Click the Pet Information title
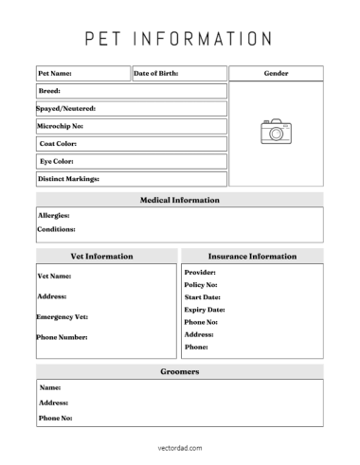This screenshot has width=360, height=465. pyautogui.click(x=179, y=39)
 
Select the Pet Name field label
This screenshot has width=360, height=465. pyautogui.click(x=55, y=73)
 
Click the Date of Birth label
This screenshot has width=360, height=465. pyautogui.click(x=155, y=73)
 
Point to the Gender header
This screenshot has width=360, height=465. pyautogui.click(x=276, y=73)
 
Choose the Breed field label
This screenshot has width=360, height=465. pyautogui.click(x=49, y=91)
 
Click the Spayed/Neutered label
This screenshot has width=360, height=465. pyautogui.click(x=66, y=109)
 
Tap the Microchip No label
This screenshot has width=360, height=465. pyautogui.click(x=61, y=126)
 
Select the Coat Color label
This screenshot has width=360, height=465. pyautogui.click(x=58, y=144)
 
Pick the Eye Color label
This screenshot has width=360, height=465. pyautogui.click(x=56, y=161)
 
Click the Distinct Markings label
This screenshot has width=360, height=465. pyautogui.click(x=68, y=179)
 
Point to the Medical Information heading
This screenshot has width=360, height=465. pyautogui.click(x=180, y=201)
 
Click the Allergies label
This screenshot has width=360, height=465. pyautogui.click(x=53, y=216)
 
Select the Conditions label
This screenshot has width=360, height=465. pyautogui.click(x=56, y=229)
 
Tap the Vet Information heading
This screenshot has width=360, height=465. pyautogui.click(x=102, y=257)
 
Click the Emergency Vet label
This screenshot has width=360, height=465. pyautogui.click(x=62, y=316)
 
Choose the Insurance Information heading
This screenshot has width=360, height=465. pyautogui.click(x=252, y=257)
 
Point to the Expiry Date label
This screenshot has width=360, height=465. pyautogui.click(x=205, y=310)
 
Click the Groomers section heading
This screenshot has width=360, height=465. pyautogui.click(x=179, y=372)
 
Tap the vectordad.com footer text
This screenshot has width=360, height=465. pyautogui.click(x=179, y=448)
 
